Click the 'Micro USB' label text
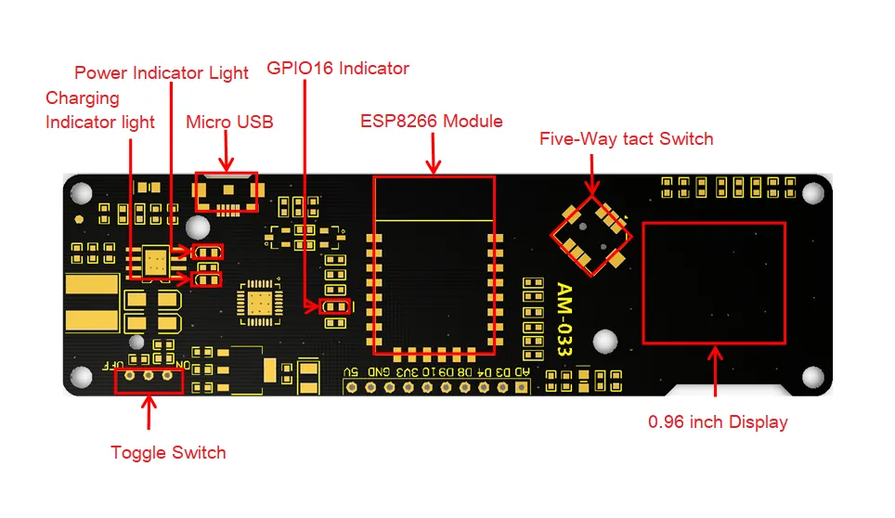229,122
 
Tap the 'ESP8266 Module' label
432,121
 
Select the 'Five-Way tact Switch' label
626,139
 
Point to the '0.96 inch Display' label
718,422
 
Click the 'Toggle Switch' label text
168,453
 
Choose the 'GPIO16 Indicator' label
338,68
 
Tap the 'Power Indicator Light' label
162,72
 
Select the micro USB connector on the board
225,191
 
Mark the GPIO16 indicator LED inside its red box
334,307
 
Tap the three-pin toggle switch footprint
149,376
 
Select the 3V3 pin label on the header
407,372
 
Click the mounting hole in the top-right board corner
812,192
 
